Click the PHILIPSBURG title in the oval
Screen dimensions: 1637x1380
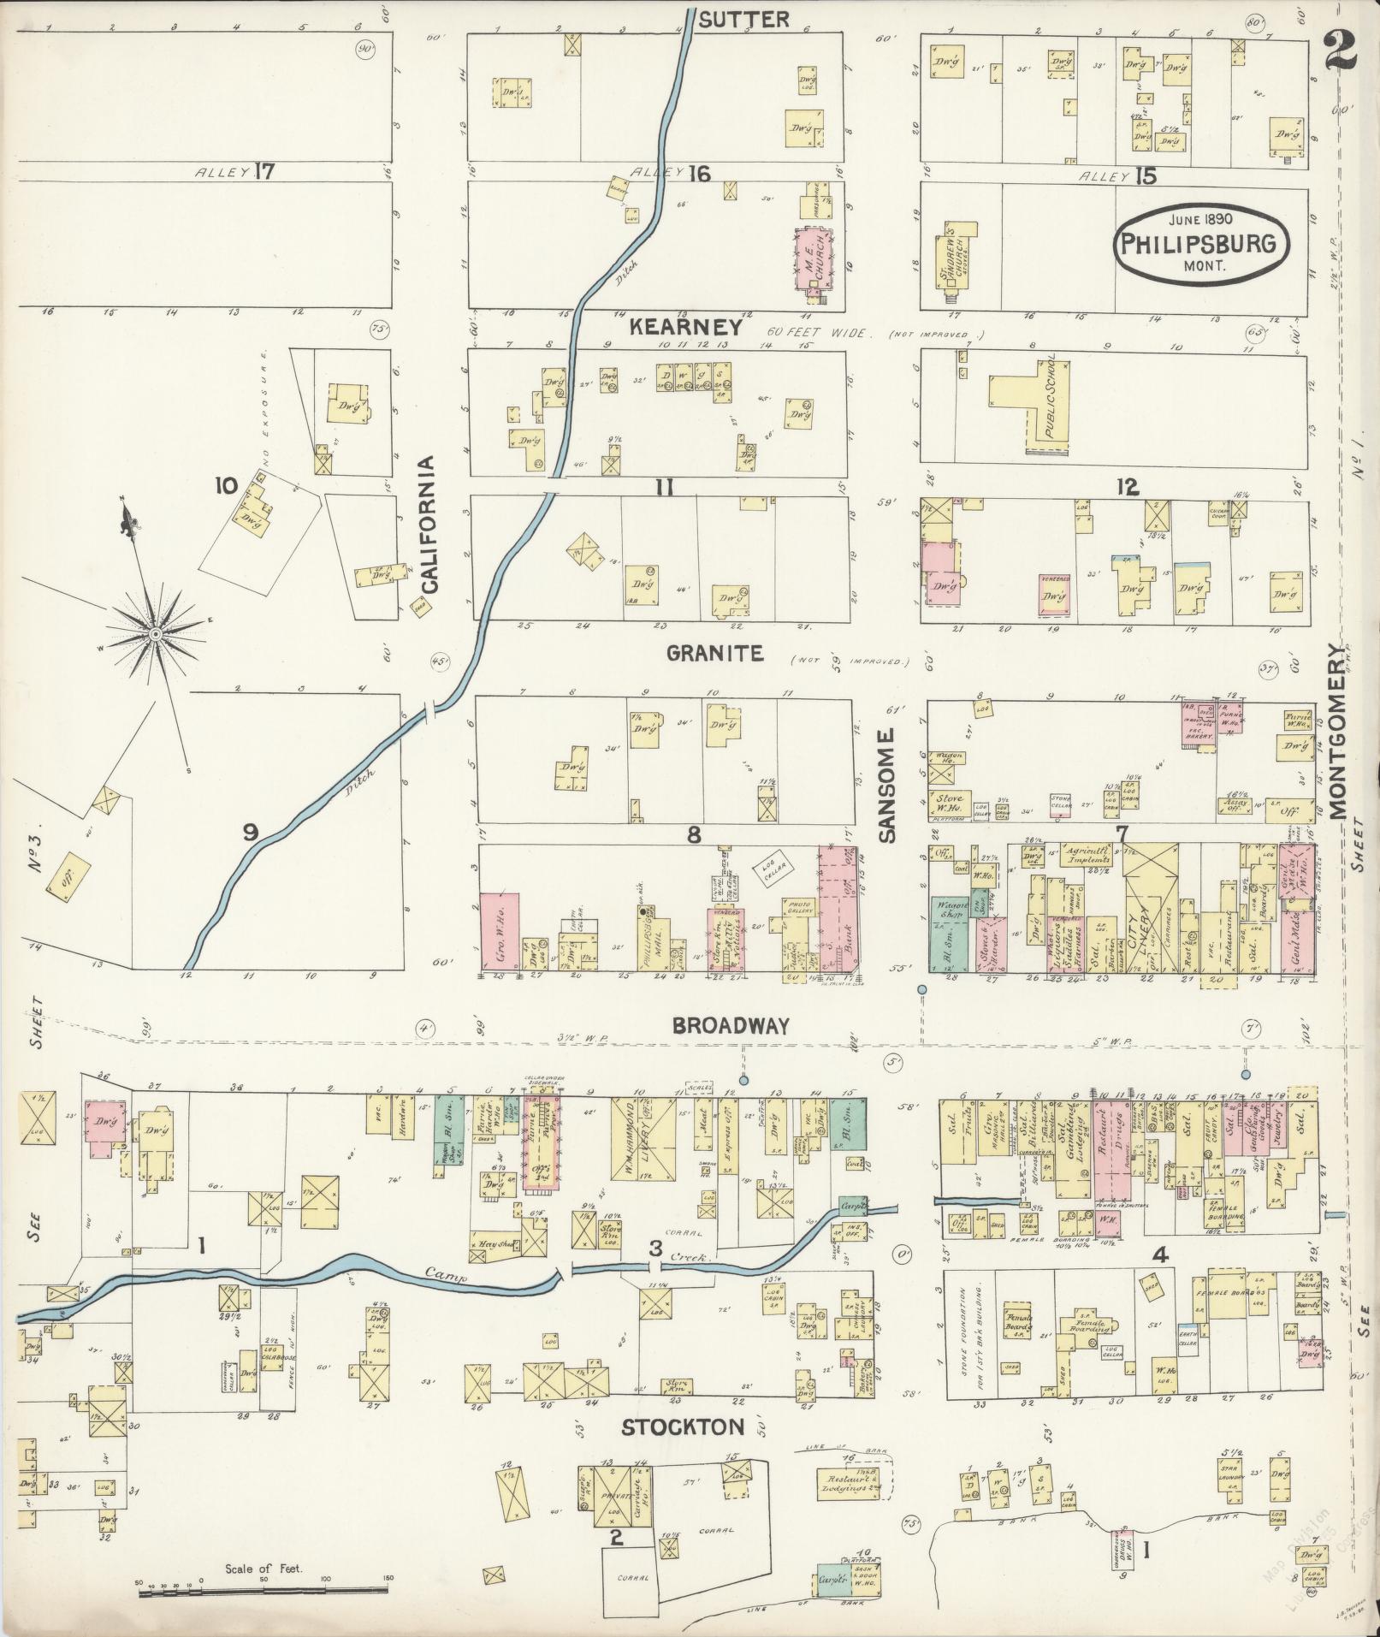pos(1198,243)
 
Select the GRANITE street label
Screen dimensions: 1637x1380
pos(714,654)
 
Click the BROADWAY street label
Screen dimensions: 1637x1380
pos(730,1026)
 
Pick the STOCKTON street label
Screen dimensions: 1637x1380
pos(682,1426)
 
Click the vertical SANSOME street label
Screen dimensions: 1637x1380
pos(885,786)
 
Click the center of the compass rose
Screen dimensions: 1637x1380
pos(156,634)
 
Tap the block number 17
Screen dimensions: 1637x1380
pos(264,172)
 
